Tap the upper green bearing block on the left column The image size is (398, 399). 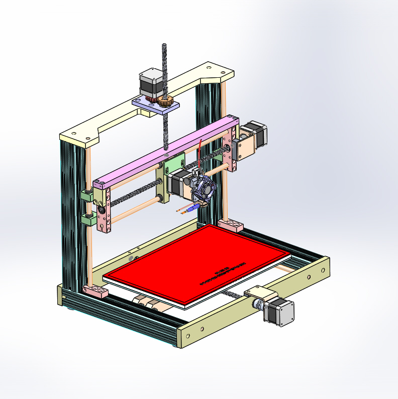pos(86,196)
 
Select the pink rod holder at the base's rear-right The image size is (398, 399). pos(231,224)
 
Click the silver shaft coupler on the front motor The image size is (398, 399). pos(258,304)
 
